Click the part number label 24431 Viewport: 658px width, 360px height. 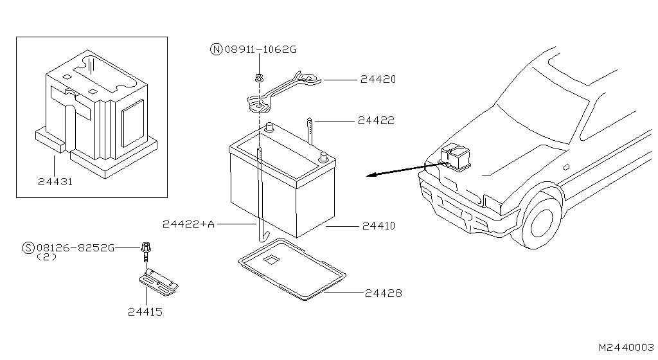55,181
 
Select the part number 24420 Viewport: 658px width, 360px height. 377,80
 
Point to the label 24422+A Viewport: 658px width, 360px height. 188,224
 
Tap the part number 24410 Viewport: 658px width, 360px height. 378,226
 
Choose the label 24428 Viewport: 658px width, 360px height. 384,293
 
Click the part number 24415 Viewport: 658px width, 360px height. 145,312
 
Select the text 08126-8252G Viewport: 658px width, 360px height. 75,248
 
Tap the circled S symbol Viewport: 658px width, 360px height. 28,248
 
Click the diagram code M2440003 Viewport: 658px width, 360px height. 626,346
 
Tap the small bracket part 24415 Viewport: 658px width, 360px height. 158,282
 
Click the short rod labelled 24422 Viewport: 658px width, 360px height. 310,131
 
